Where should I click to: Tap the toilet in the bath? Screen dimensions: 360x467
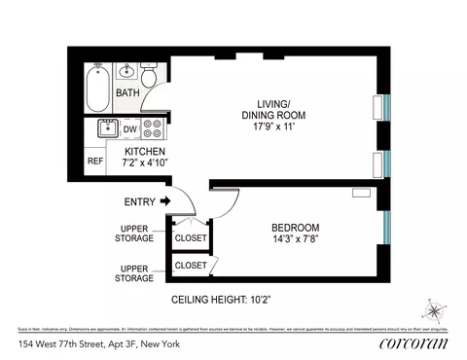pos(150,76)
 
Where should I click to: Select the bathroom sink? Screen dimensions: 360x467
pos(126,72)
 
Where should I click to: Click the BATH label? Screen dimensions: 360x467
pos(127,93)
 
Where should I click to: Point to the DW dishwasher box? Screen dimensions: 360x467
pos(129,128)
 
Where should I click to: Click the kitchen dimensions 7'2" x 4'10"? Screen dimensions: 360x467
pos(144,165)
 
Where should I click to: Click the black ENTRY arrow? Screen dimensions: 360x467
pos(164,201)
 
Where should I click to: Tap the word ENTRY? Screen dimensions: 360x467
pos(140,201)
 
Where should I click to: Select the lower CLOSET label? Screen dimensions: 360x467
pos(190,265)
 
